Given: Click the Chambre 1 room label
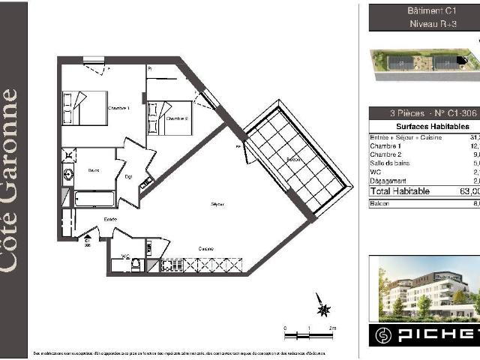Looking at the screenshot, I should (x=118, y=109).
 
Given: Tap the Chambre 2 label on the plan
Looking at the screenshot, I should (x=176, y=118).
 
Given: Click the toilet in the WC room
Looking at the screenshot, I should (x=136, y=264).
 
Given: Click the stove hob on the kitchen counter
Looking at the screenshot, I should (x=176, y=265).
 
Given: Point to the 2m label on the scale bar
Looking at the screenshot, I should (x=331, y=328).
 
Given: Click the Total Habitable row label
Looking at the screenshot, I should (x=400, y=191).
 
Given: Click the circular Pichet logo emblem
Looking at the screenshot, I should (x=385, y=334).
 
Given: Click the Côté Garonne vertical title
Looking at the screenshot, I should (x=10, y=180).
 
